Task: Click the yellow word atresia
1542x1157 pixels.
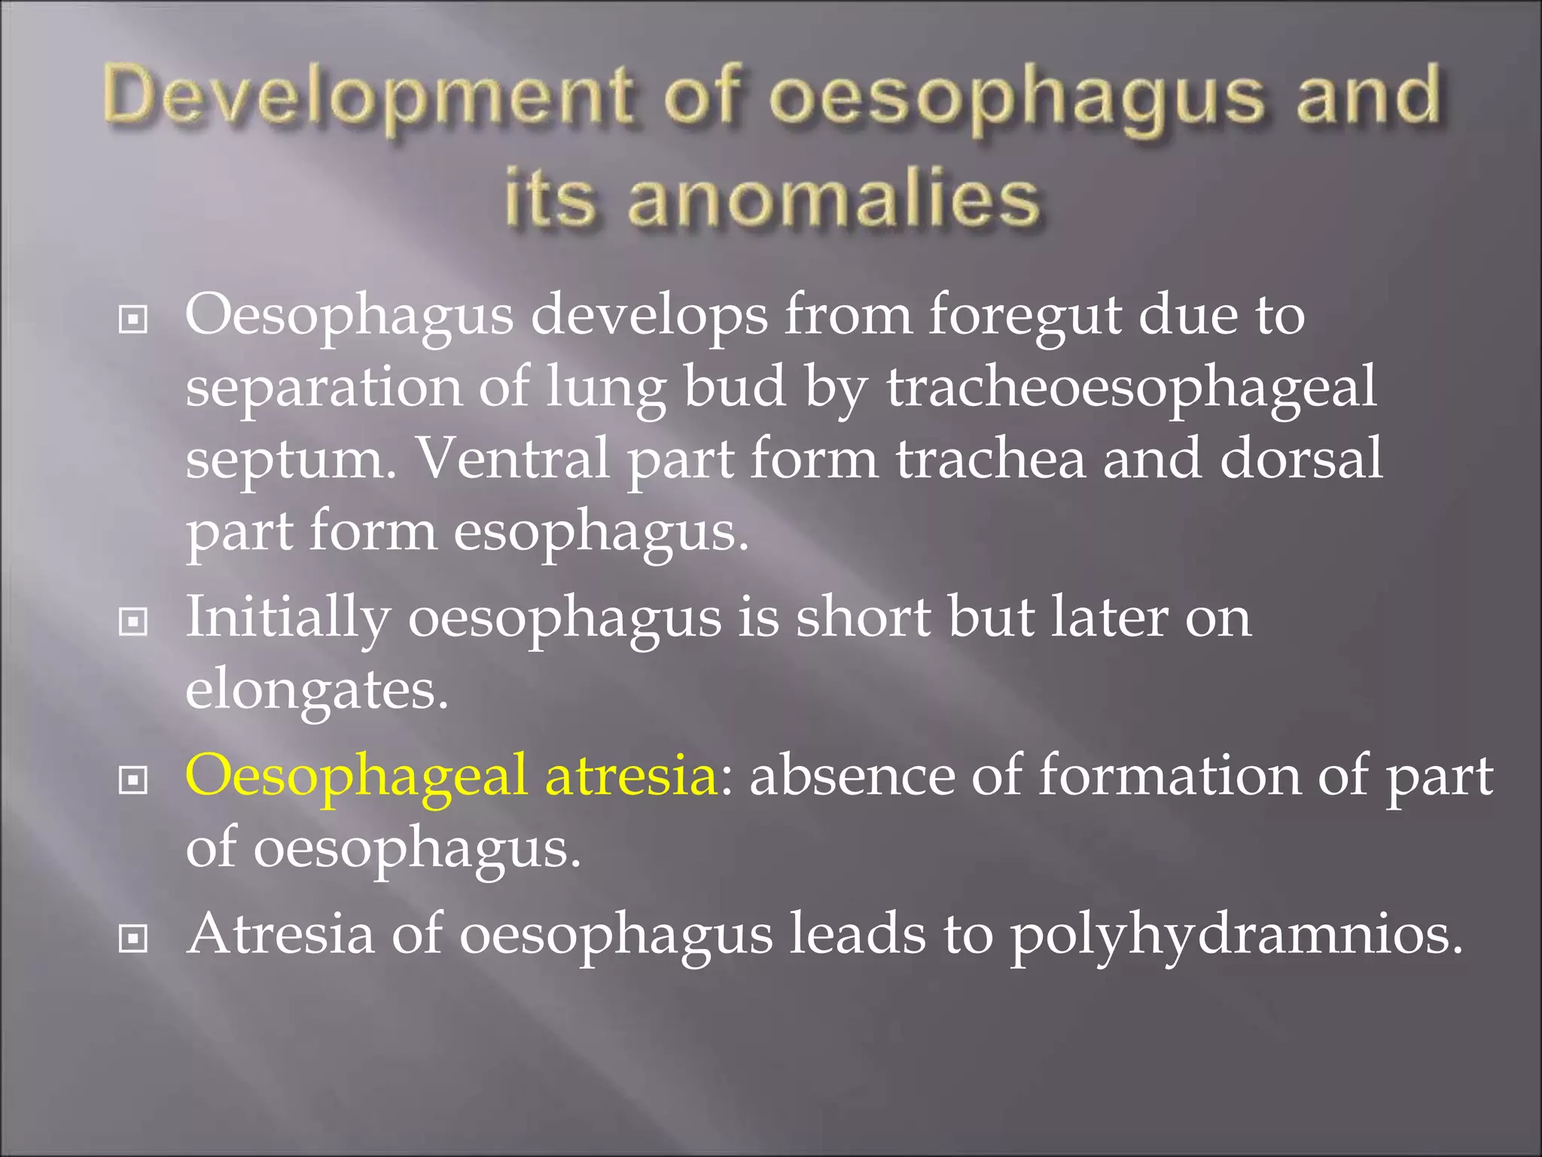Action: [631, 776]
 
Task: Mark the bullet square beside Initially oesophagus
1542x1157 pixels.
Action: [133, 622]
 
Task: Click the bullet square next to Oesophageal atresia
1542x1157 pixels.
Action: [133, 781]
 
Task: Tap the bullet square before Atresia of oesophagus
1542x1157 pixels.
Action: [133, 939]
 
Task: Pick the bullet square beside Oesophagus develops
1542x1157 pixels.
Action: [133, 320]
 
